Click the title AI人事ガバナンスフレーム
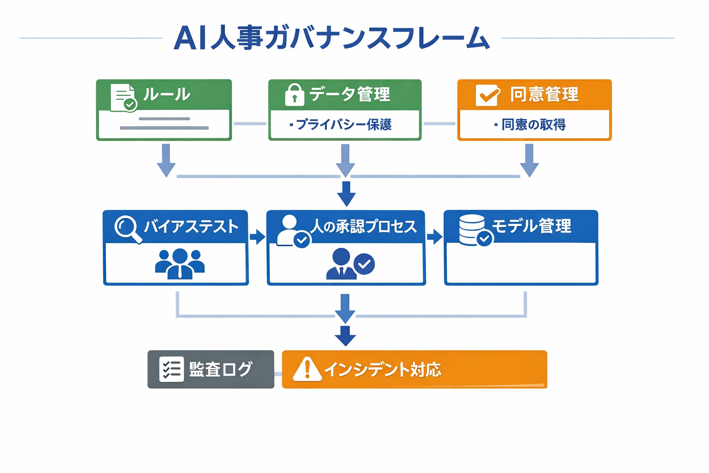(331, 38)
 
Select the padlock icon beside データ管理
(294, 95)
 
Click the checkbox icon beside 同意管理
(487, 95)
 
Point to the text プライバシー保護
(343, 125)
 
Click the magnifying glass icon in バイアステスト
(127, 228)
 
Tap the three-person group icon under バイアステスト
(180, 264)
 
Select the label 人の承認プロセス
(363, 226)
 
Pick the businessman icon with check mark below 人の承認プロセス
(349, 264)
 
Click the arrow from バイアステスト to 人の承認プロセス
(257, 237)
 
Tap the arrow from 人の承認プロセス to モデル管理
(434, 237)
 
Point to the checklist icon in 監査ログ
(171, 369)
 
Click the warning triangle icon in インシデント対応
(307, 370)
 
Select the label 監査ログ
(221, 370)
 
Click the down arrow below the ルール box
(166, 160)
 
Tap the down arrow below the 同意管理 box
(529, 160)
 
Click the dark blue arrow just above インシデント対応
(345, 336)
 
